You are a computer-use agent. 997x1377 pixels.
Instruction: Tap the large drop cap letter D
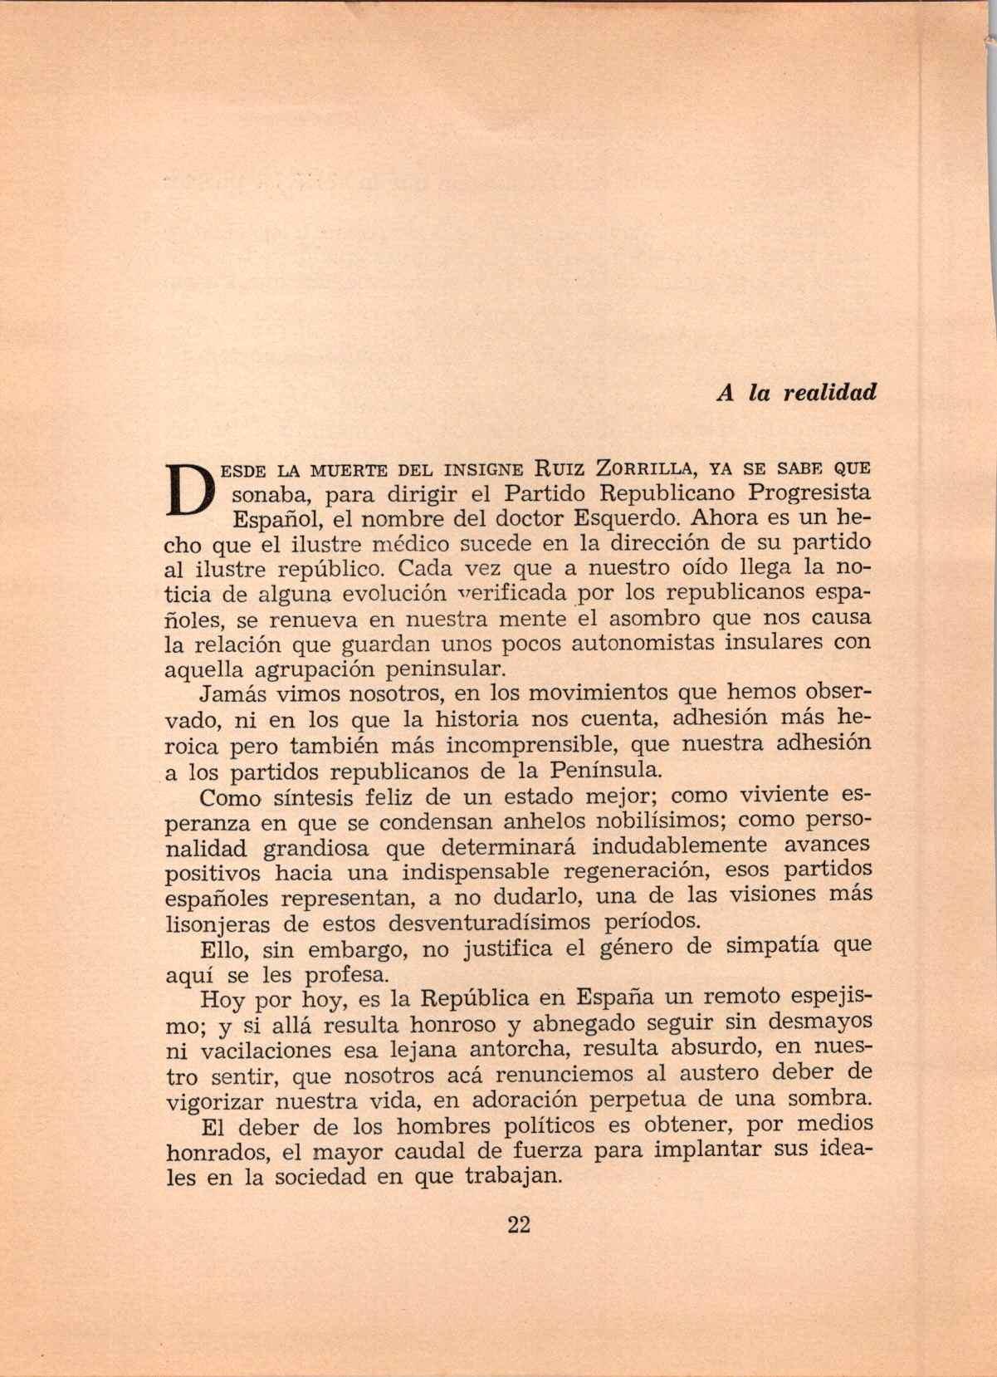pyautogui.click(x=192, y=490)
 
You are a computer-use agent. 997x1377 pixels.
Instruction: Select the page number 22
pyautogui.click(x=517, y=1224)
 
